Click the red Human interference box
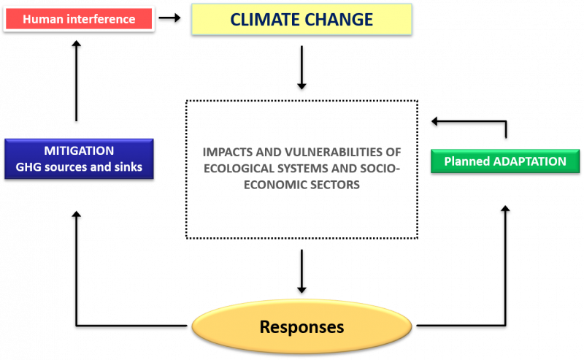click(79, 19)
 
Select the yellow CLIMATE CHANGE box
click(301, 20)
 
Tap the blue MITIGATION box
click(79, 158)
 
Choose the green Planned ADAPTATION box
click(505, 161)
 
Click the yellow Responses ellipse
click(301, 326)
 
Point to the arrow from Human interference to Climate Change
click(169, 18)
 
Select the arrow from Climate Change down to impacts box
click(301, 67)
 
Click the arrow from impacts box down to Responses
click(301, 272)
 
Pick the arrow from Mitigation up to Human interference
click(77, 81)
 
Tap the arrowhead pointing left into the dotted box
click(434, 121)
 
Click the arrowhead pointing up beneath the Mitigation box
click(77, 214)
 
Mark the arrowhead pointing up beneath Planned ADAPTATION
click(505, 208)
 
